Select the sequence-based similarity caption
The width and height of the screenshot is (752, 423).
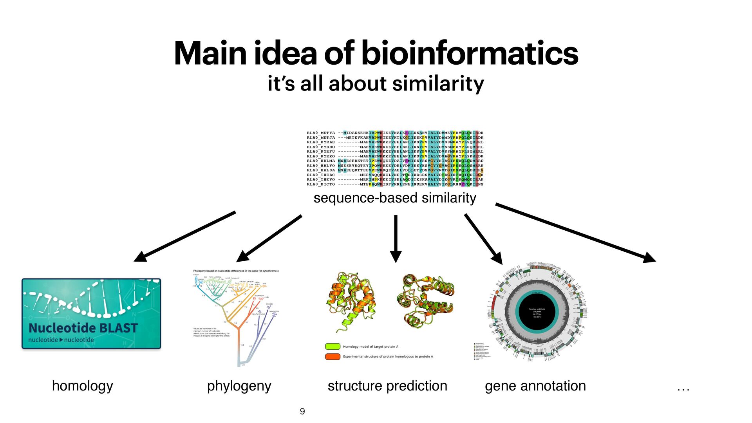(395, 198)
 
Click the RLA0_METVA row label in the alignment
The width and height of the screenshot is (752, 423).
(321, 133)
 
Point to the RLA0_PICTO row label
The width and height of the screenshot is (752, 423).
(321, 184)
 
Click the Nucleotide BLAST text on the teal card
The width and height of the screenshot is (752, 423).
(83, 328)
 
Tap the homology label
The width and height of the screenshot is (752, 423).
(82, 386)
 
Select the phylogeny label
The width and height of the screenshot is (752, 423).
(239, 386)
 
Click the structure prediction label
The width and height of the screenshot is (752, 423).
(387, 386)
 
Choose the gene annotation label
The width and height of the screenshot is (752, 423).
(535, 386)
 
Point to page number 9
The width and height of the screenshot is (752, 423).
(302, 411)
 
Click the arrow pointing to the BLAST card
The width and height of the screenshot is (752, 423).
(184, 237)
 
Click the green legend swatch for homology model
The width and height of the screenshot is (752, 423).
(333, 347)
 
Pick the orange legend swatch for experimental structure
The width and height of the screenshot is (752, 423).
(333, 356)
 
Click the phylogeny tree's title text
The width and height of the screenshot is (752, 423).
(236, 271)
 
